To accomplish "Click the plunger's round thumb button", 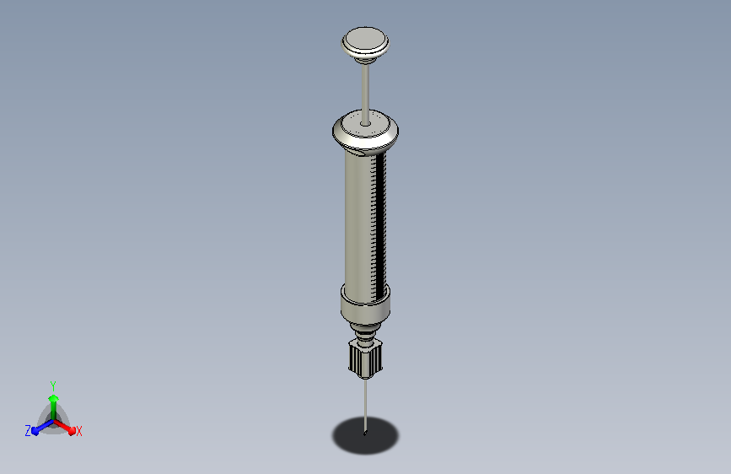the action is tap(365, 41).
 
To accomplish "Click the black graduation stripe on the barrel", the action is tap(381, 224).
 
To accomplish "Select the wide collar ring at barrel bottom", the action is tap(365, 304).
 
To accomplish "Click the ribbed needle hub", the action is tap(365, 358).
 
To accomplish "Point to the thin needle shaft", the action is tap(366, 404).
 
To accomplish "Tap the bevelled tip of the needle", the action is tap(365, 434).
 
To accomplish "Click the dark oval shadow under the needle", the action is tap(366, 435).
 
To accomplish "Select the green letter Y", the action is tap(53, 385).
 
